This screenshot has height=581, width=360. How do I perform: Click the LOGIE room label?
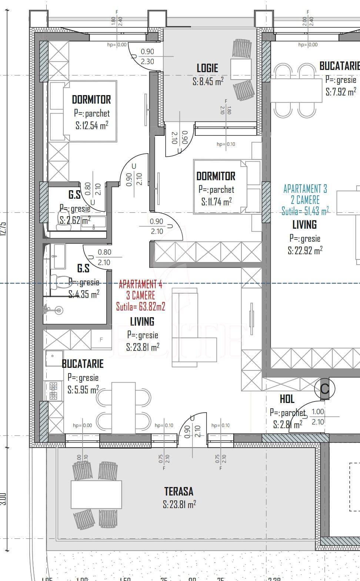click(207, 68)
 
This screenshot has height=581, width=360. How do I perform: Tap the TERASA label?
click(179, 491)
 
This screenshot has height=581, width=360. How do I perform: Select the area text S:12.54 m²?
click(92, 126)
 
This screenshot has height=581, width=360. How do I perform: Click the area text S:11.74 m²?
click(216, 202)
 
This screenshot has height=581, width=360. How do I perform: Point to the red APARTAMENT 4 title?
click(140, 285)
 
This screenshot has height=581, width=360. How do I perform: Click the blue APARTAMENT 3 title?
click(305, 189)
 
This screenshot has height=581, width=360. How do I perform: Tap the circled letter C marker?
click(324, 389)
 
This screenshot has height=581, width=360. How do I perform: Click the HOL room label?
click(287, 399)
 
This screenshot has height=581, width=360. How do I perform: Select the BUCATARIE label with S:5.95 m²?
click(83, 364)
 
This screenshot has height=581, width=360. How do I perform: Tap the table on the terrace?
click(96, 494)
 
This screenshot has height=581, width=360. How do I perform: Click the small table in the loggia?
click(241, 69)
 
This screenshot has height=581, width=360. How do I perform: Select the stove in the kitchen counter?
click(53, 391)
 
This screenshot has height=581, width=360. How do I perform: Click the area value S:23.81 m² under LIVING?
click(143, 347)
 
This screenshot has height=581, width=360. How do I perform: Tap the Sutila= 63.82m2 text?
click(140, 307)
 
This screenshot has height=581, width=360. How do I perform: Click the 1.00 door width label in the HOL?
click(318, 412)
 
